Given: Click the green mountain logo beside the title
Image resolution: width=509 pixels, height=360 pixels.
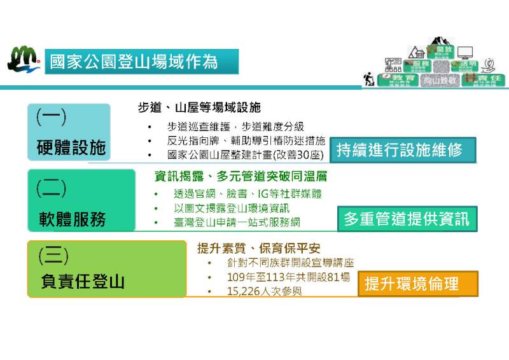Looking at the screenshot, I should [23, 60].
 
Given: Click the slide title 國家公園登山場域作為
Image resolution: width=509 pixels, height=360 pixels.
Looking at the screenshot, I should [134, 62].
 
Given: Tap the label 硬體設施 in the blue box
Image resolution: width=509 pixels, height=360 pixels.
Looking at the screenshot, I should [71, 149].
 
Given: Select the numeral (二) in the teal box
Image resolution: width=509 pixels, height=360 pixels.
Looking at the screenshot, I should [51, 187].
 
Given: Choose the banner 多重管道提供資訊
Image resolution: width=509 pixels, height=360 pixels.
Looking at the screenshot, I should [407, 219].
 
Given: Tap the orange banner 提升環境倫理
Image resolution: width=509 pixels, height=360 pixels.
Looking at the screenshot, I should [412, 284].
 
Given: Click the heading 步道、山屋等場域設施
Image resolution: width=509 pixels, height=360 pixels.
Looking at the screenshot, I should [199, 108].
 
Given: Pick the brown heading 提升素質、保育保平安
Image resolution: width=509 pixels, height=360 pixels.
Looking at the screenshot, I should [257, 249].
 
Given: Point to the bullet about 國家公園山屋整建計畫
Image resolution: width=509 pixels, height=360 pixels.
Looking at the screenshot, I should [245, 155].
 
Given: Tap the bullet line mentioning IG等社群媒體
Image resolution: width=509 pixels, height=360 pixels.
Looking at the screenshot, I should [248, 194].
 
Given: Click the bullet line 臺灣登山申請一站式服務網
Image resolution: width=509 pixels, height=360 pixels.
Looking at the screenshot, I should [237, 223].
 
